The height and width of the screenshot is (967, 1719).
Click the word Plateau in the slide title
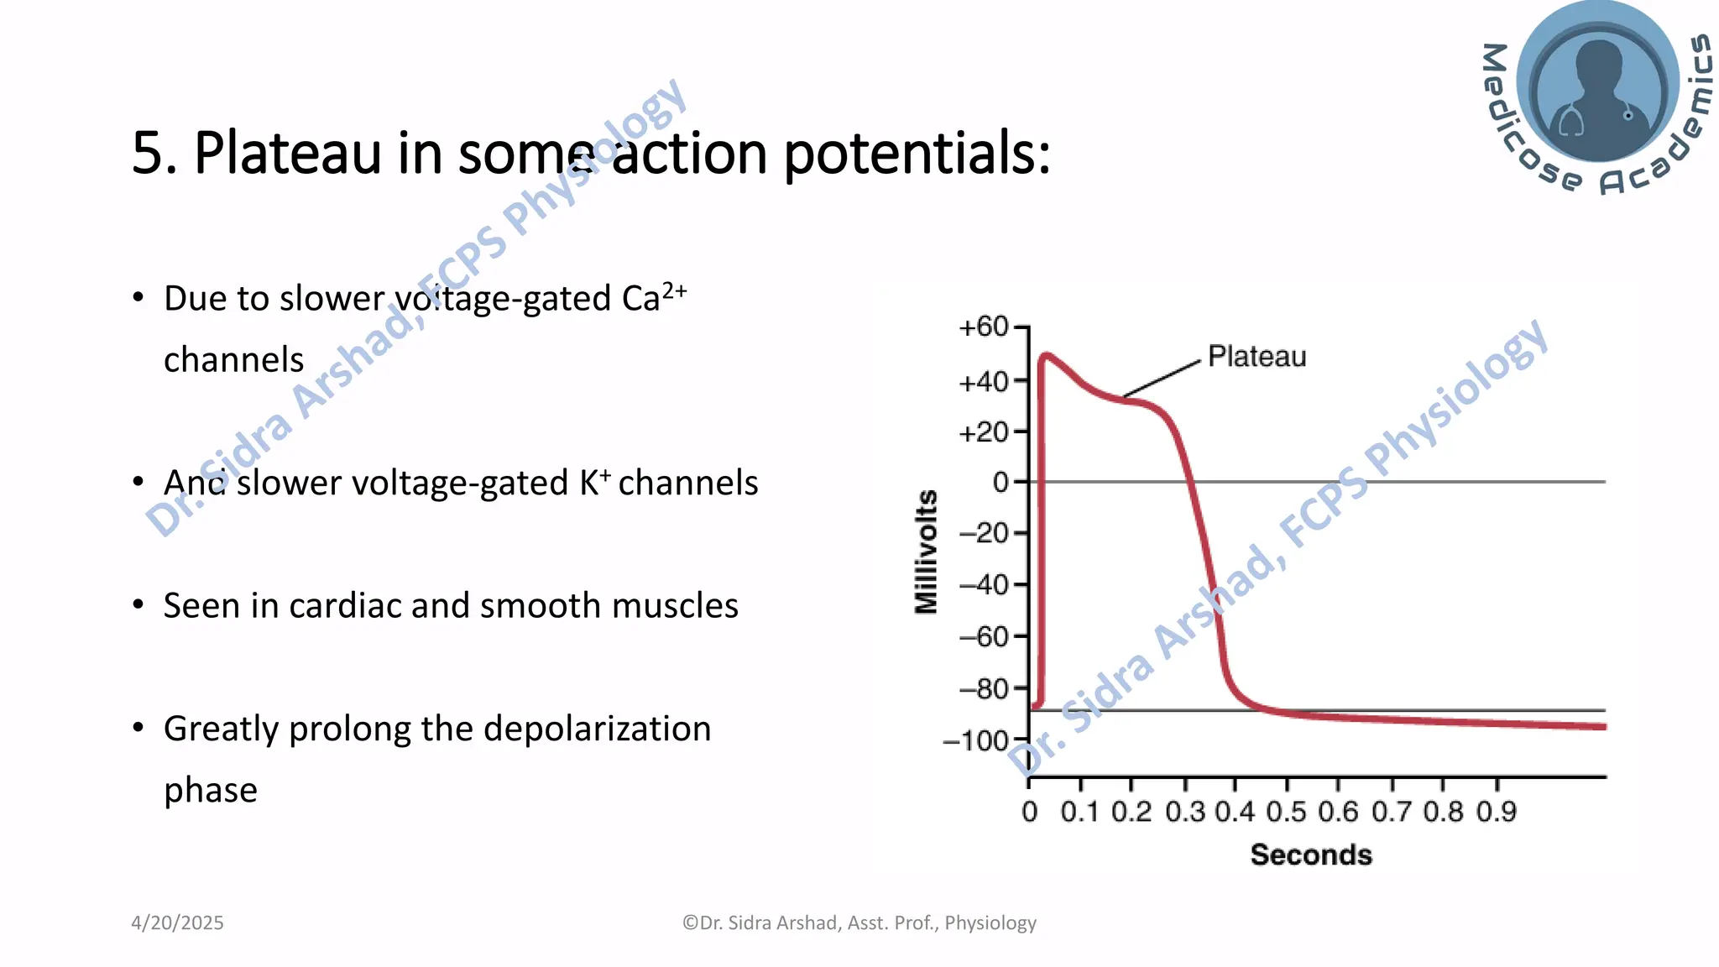(x=287, y=154)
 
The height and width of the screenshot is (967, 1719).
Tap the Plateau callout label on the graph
(x=1257, y=357)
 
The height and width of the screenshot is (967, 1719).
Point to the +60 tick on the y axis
(x=985, y=327)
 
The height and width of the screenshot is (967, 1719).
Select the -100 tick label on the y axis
(x=976, y=741)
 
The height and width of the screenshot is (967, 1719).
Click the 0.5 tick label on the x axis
(x=1286, y=812)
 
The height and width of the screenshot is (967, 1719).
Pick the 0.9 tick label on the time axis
(x=1497, y=812)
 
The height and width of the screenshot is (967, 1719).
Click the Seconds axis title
(x=1310, y=855)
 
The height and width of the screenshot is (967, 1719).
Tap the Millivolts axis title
(x=926, y=551)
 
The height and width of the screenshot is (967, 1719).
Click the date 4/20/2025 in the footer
(x=177, y=923)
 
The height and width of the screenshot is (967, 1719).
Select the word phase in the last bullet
(x=210, y=790)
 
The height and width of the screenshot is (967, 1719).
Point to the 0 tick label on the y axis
(x=1001, y=483)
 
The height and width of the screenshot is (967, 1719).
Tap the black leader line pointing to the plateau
(x=1163, y=378)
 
